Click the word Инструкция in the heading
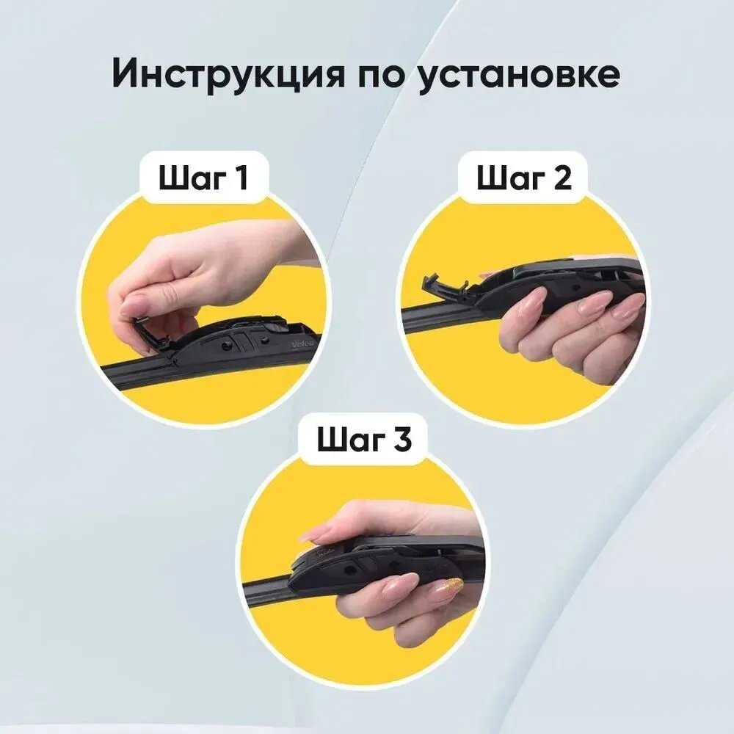[228, 73]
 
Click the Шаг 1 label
[203, 178]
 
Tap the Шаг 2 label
[524, 178]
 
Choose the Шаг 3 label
[364, 439]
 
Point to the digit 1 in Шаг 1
[241, 178]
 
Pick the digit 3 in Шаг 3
[402, 439]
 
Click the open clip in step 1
[150, 334]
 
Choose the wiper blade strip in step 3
[267, 588]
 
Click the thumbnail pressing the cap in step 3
[311, 534]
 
